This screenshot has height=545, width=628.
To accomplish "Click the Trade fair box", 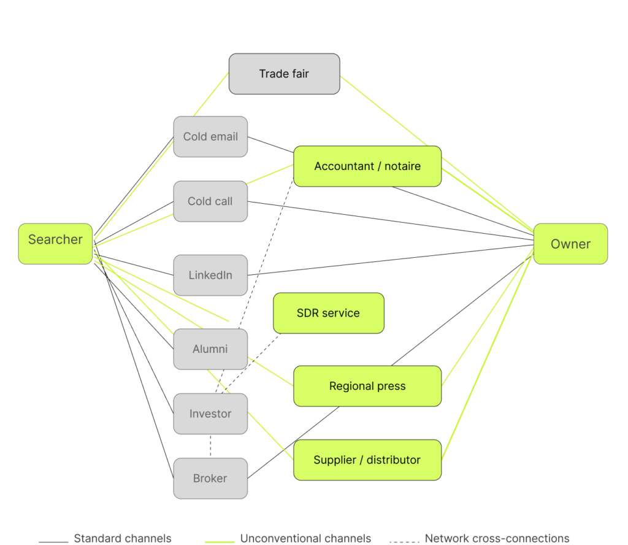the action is pyautogui.click(x=285, y=74).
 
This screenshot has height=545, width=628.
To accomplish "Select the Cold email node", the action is pyautogui.click(x=210, y=137).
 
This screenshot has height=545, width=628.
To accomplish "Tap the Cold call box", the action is pyautogui.click(x=210, y=201).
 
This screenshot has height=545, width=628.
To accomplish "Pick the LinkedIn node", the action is pyautogui.click(x=210, y=276).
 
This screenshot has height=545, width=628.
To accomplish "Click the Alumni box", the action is pyautogui.click(x=210, y=349).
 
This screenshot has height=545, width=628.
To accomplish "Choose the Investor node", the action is pyautogui.click(x=210, y=414).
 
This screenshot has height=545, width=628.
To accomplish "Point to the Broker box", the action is pyautogui.click(x=210, y=479).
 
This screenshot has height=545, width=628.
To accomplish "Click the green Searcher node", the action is pyautogui.click(x=55, y=244).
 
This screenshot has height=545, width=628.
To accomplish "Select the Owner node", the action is pyautogui.click(x=570, y=244).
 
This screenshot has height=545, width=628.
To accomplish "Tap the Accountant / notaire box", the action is pyautogui.click(x=367, y=166).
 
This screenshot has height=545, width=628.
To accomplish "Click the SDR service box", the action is pyautogui.click(x=329, y=313).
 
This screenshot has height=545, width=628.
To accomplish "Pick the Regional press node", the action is pyautogui.click(x=367, y=386).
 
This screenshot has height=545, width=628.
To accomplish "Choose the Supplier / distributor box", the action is pyautogui.click(x=367, y=460).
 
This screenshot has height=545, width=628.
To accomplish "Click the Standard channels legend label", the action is pyautogui.click(x=123, y=538).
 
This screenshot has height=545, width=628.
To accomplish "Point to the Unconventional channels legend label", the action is pyautogui.click(x=305, y=538).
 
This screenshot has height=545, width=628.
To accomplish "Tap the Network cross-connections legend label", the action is pyautogui.click(x=497, y=538).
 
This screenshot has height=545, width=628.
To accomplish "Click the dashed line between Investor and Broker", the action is pyautogui.click(x=210, y=446).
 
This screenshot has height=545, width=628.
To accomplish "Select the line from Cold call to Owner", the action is pyautogui.click(x=391, y=221).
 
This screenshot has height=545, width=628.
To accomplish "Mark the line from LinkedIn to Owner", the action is pyautogui.click(x=391, y=260).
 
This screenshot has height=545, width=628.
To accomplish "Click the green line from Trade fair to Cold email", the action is pyautogui.click(x=211, y=95).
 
